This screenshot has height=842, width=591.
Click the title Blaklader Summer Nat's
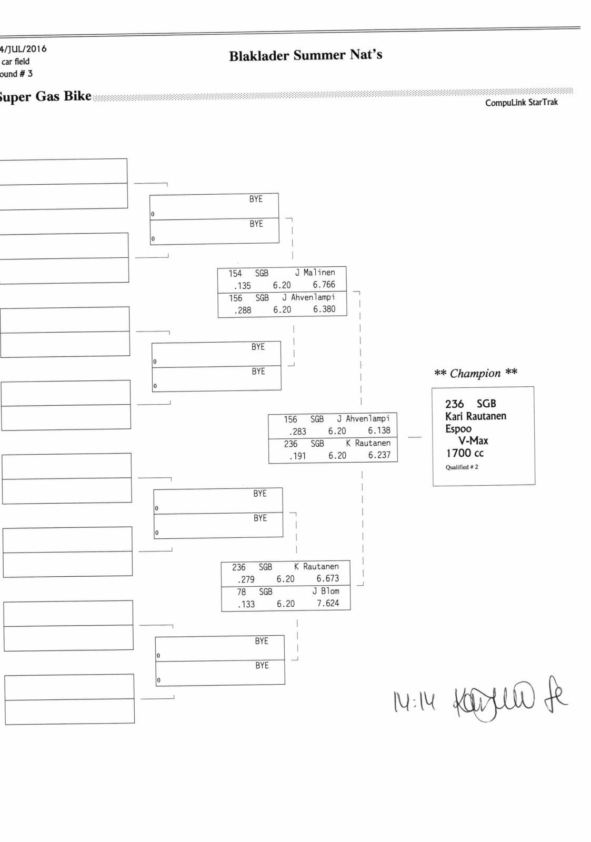[305, 55]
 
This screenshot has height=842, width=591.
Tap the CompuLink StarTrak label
[521, 103]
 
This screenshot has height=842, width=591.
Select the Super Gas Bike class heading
[45, 96]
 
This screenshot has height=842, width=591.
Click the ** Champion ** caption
[475, 373]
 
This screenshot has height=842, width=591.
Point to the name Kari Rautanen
[475, 416]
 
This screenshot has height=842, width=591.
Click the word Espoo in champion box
[458, 428]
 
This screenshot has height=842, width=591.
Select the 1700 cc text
[465, 453]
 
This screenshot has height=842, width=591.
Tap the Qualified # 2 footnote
[462, 467]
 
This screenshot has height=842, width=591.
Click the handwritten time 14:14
[414, 701]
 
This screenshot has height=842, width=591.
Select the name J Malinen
[315, 273]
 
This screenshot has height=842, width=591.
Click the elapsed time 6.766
[324, 285]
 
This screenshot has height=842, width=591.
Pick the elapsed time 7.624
[328, 603]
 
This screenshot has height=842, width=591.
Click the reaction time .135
[242, 286]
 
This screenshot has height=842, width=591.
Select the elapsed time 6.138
[379, 430]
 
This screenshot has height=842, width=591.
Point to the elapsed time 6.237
[379, 455]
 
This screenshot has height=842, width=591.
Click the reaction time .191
[297, 456]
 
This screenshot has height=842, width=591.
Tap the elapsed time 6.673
[327, 578]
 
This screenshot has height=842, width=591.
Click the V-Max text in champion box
[473, 440]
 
